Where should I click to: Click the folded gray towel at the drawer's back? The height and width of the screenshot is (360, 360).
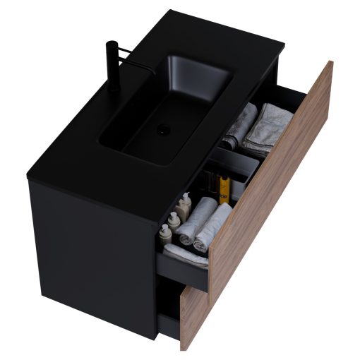[267, 126]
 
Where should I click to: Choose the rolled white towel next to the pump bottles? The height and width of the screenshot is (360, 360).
[196, 219]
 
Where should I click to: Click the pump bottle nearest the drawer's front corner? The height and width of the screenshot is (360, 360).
[166, 234]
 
